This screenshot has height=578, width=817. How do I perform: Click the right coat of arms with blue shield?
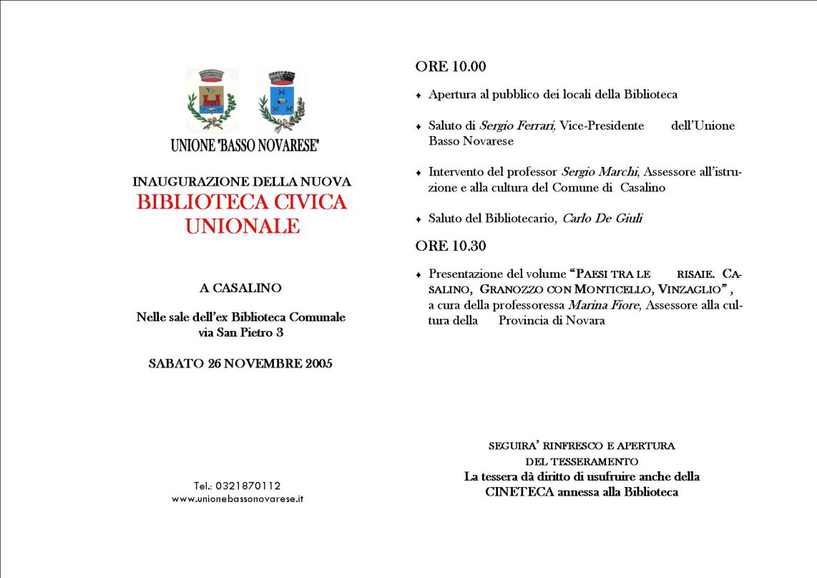[281, 101]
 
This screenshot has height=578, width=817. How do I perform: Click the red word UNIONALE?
[242, 226]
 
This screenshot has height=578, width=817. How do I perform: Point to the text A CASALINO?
[241, 288]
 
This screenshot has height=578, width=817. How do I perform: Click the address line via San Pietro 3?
[241, 332]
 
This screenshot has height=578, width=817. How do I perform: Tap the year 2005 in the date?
[319, 363]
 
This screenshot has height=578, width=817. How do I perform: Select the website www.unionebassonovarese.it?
[238, 498]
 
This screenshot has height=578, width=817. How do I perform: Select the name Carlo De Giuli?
[602, 218]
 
